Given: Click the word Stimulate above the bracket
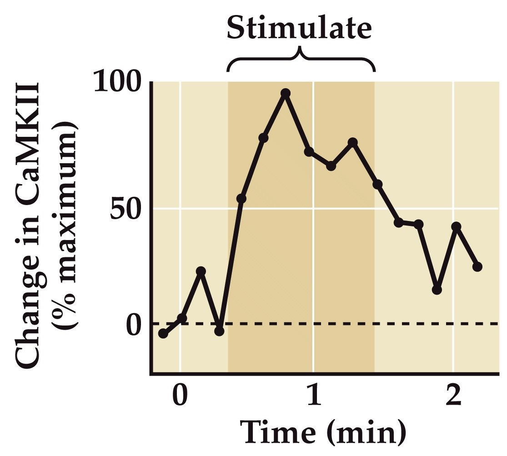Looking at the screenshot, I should tap(299, 28).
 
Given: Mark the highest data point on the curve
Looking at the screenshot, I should tap(286, 94).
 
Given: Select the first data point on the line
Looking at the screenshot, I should tap(163, 334).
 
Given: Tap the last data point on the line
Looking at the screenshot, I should tap(477, 267).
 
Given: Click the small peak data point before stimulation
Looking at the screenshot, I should tap(201, 271).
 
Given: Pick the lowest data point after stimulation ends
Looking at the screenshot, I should tap(437, 290).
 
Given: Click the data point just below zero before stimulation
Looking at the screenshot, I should tap(220, 331).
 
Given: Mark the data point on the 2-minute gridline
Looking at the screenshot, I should tap(457, 226).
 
